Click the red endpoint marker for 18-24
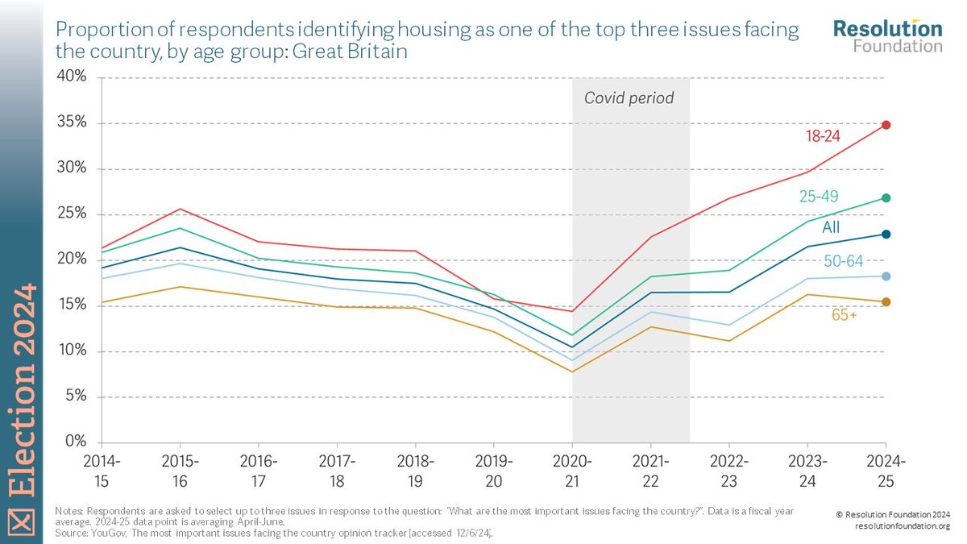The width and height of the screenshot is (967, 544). coord(886,125)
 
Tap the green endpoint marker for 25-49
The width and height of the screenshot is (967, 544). coord(886,198)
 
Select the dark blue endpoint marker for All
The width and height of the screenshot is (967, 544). coord(886,235)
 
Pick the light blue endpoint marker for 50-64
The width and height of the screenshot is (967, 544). coord(886,276)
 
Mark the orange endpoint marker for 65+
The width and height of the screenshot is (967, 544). coord(886,302)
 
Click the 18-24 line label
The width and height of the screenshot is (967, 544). coord(823,136)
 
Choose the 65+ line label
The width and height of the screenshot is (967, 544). coord(844,315)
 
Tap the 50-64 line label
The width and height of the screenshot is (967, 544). coord(842,260)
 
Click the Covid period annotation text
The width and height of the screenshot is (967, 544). coord(629,98)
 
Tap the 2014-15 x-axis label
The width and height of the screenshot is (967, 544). coord(101,469)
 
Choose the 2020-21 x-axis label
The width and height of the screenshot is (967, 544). coord(572,469)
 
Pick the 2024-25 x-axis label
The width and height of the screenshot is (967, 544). coord(886,469)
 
